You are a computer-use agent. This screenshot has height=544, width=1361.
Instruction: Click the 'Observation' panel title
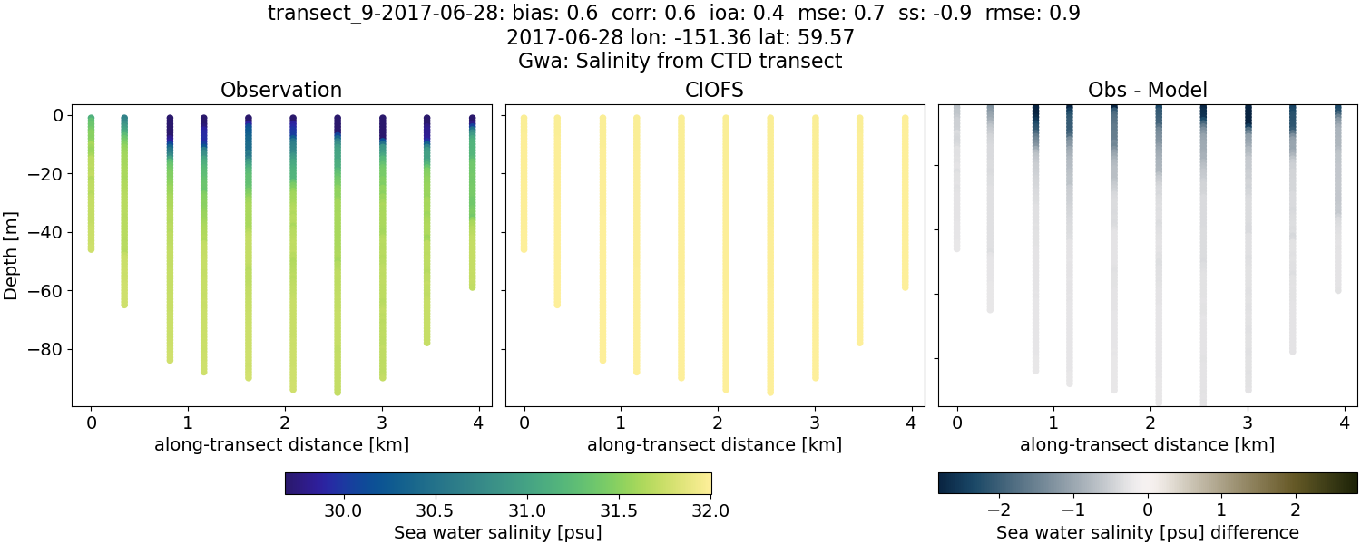tap(281, 90)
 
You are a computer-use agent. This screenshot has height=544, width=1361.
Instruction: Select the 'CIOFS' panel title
tap(714, 90)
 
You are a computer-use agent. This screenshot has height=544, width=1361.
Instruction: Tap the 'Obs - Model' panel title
tap(1147, 90)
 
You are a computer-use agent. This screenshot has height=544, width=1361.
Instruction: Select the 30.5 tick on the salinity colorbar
tap(435, 510)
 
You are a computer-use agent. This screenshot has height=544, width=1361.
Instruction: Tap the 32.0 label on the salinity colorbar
tap(710, 510)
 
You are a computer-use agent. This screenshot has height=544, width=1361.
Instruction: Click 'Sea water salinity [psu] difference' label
tap(1147, 532)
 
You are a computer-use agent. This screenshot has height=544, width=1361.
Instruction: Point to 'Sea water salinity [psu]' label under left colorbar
tap(497, 532)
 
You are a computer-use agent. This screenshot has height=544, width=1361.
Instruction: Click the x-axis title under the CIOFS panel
tap(714, 445)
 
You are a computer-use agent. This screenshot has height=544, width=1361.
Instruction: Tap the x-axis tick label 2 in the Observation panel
tap(284, 423)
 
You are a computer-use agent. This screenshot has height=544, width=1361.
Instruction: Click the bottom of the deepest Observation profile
tap(338, 392)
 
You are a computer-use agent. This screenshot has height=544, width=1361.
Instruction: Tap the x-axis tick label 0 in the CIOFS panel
tap(524, 423)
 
